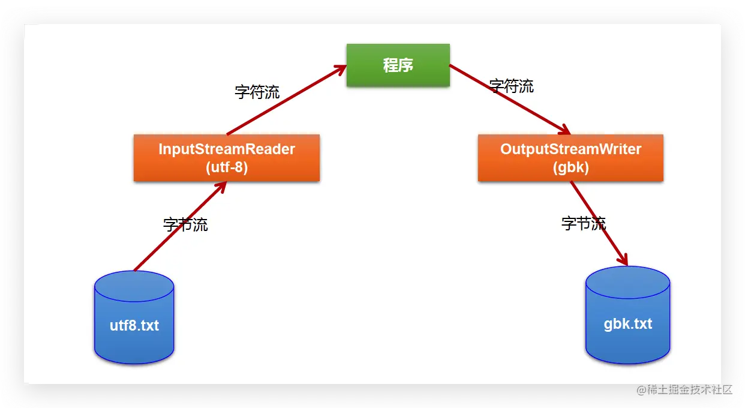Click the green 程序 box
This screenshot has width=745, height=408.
click(398, 65)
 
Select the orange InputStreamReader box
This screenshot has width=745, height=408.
click(226, 158)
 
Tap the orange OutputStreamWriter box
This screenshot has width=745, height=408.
click(570, 158)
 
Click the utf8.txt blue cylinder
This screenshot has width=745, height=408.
click(134, 318)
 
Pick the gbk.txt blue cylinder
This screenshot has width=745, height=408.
click(627, 316)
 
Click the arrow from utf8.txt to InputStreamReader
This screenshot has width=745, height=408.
click(180, 226)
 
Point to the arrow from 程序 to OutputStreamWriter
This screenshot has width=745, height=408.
click(510, 100)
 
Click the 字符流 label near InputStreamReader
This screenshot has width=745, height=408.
click(257, 92)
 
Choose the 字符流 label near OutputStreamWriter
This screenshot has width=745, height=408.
click(511, 86)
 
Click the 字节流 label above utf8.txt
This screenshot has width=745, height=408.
click(185, 224)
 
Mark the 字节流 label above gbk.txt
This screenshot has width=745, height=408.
click(584, 223)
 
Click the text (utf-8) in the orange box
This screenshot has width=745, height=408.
click(226, 167)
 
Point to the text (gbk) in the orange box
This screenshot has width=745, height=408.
click(570, 167)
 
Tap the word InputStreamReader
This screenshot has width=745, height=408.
click(226, 149)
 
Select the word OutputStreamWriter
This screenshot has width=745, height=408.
click(570, 149)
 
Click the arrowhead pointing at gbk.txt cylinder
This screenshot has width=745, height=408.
click(624, 260)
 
